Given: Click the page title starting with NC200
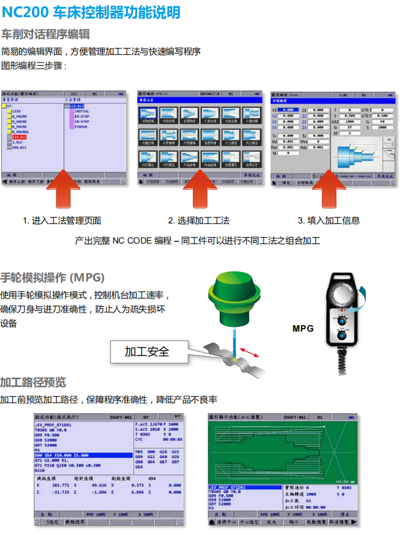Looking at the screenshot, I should click(91, 12).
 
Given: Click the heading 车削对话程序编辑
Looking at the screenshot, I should click(46, 34).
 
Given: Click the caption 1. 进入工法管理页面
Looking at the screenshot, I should click(62, 221).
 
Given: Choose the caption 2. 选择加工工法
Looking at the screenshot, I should click(199, 221).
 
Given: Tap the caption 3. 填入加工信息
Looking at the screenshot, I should click(329, 221).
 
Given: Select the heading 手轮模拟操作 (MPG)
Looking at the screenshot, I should click(53, 277).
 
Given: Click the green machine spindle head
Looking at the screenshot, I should click(234, 299).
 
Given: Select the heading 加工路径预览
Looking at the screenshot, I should click(33, 382).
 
